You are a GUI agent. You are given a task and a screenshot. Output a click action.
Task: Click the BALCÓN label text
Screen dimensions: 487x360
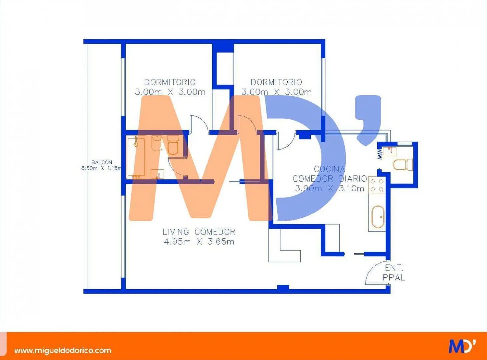(102, 162)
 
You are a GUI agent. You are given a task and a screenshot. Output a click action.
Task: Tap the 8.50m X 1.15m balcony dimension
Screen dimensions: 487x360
(101, 168)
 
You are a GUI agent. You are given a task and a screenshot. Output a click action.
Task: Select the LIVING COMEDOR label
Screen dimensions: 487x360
(199, 232)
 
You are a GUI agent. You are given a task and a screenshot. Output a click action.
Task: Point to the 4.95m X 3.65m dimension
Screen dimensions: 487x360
(199, 242)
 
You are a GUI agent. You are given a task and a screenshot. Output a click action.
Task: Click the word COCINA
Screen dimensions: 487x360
(329, 169)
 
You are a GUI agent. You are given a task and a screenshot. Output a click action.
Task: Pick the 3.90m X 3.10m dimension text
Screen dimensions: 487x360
(330, 188)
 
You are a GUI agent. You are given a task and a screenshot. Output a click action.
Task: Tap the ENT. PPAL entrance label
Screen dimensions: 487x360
(394, 273)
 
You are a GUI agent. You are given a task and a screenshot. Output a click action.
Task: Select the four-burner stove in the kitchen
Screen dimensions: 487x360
(377, 185)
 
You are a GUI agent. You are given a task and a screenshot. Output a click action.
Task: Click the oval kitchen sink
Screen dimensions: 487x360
(378, 217)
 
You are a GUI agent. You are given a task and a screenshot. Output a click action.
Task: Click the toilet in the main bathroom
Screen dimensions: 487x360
(173, 145)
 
